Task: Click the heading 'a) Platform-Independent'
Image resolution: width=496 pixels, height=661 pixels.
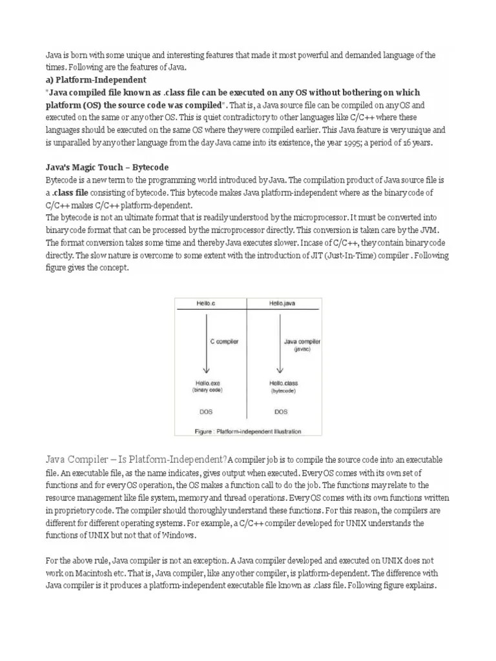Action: click(x=96, y=80)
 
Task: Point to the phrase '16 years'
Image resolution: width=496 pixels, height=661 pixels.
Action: click(x=417, y=142)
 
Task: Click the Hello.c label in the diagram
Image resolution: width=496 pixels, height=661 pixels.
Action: click(x=206, y=302)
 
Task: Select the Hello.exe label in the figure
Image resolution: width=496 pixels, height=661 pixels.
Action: click(x=206, y=383)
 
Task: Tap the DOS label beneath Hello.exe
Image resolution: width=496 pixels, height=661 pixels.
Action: click(x=206, y=411)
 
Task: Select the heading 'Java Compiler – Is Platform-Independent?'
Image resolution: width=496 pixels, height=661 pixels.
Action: click(x=136, y=459)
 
